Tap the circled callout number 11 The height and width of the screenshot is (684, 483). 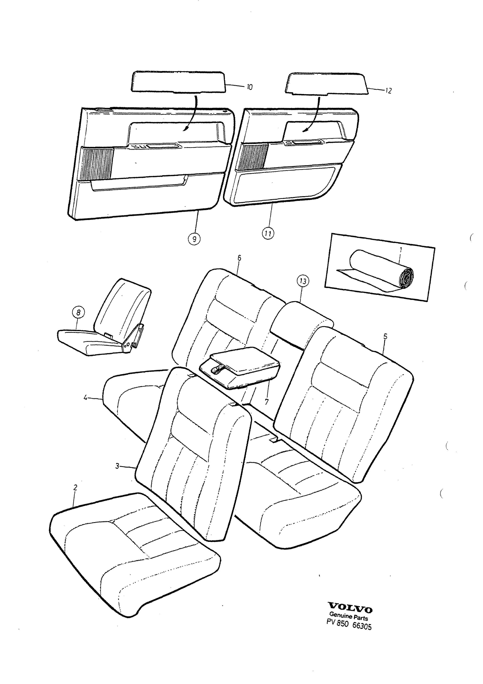pyautogui.click(x=268, y=233)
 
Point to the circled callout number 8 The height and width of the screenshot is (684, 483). pyautogui.click(x=78, y=313)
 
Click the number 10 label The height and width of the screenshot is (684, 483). pyautogui.click(x=249, y=87)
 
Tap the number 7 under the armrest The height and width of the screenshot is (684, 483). pyautogui.click(x=266, y=402)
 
